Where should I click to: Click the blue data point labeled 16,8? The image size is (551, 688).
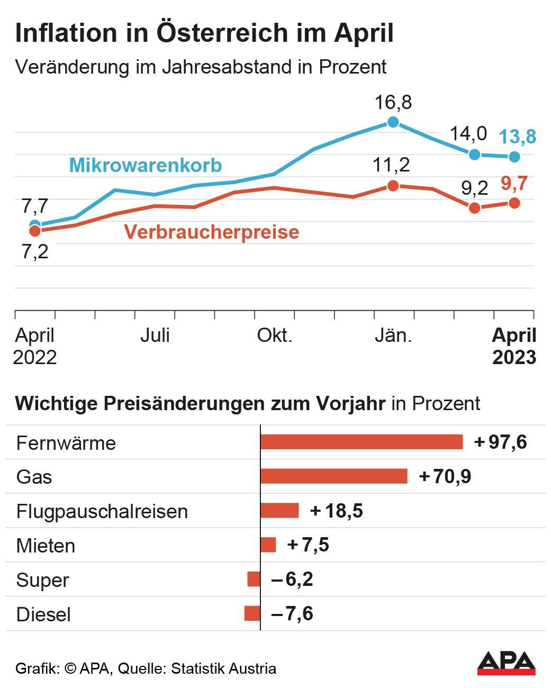(x=393, y=122)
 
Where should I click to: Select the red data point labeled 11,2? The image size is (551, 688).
(x=393, y=186)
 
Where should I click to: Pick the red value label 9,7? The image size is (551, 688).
(x=514, y=184)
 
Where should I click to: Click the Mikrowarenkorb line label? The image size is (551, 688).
(x=146, y=166)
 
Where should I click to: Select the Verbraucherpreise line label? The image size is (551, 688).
(x=212, y=232)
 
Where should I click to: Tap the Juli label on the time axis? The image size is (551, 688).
(x=155, y=336)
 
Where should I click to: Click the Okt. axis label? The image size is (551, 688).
(x=274, y=336)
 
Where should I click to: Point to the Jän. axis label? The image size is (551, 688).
(x=393, y=336)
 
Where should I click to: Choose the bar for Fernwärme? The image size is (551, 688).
(x=362, y=442)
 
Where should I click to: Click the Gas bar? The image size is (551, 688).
(x=334, y=476)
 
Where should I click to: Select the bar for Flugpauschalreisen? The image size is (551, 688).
(x=279, y=511)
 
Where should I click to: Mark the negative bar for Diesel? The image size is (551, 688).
(x=252, y=614)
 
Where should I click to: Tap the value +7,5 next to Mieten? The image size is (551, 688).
(x=308, y=545)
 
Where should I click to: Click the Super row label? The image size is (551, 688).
(x=42, y=580)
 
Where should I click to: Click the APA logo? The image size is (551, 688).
(x=506, y=663)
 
